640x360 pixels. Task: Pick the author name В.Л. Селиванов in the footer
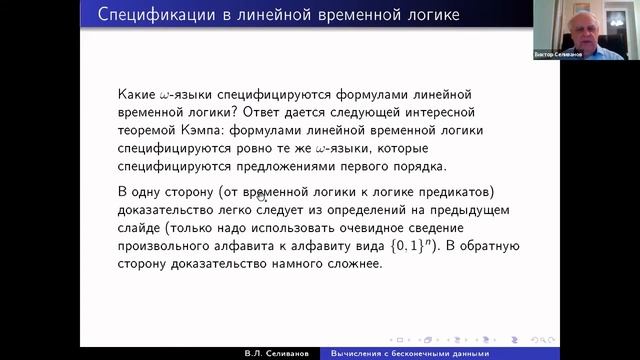click(x=282, y=353)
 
